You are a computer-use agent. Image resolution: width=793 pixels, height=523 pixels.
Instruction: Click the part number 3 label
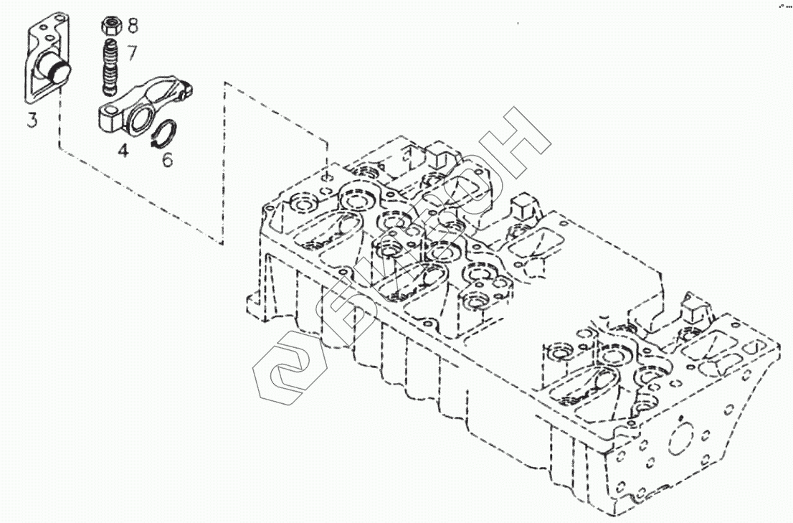point(32,119)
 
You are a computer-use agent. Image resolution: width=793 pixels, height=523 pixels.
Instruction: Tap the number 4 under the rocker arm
point(123,151)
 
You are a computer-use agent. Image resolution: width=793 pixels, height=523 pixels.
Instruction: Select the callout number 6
point(166,159)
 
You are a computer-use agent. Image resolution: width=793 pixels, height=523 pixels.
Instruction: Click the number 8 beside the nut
point(133,27)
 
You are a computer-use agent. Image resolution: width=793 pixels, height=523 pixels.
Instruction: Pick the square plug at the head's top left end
point(439,158)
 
